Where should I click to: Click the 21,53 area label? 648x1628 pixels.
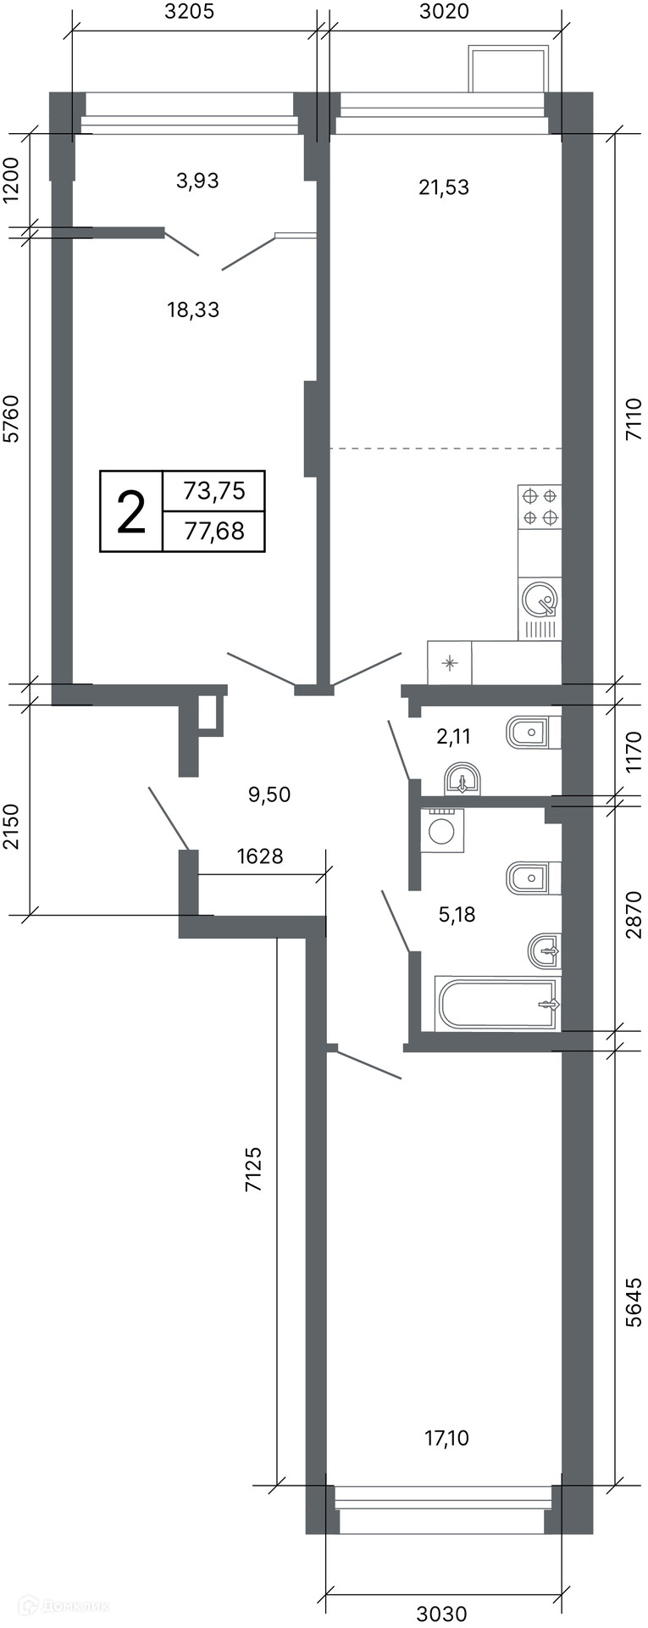444,187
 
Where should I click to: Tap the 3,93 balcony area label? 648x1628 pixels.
197,180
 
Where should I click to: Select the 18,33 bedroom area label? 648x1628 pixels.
193,309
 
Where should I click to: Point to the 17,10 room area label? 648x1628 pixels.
446,1437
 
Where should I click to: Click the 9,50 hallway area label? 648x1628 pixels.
269,794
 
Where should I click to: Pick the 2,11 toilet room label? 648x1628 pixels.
453,737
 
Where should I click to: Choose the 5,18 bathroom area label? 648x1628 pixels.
457,914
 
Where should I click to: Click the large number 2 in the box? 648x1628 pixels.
131,511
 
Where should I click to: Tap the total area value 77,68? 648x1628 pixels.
214,531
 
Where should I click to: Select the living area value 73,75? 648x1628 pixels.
214,490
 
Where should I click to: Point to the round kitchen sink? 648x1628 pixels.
540,599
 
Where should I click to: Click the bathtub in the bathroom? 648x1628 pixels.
498,1004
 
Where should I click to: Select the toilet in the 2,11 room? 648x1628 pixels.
533,732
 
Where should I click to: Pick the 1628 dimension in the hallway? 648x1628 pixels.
260,856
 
